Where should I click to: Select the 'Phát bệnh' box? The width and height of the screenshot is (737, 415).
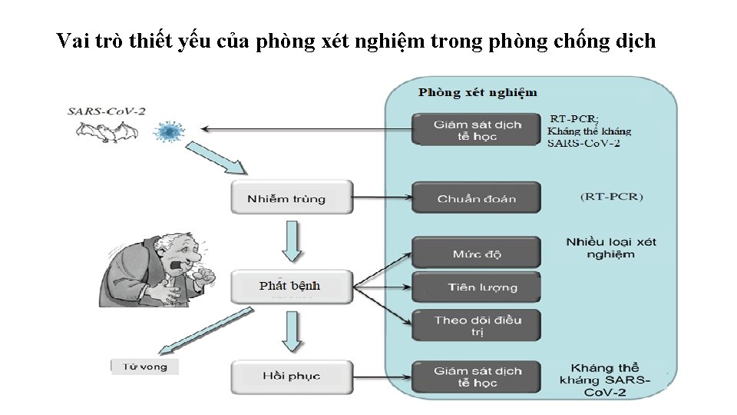pos(291,286)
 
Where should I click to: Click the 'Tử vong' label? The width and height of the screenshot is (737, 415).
pos(145,367)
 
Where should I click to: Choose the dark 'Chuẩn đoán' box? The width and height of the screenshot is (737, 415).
pos(476,198)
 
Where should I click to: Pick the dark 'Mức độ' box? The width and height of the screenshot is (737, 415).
pos(476,253)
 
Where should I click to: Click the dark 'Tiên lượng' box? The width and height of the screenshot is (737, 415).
pos(476,287)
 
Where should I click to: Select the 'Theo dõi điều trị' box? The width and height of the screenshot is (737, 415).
pos(476,325)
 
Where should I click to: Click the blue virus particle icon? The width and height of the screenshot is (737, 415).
pos(167,131)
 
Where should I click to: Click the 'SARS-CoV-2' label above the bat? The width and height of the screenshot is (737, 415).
pos(106,111)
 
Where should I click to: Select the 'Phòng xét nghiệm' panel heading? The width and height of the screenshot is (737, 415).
pos(478,93)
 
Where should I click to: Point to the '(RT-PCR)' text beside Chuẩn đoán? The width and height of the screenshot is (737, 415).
pos(611,197)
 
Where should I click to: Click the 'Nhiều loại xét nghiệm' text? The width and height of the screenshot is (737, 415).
pos(611,247)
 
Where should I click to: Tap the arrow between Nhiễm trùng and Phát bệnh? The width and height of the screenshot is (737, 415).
pos(291,240)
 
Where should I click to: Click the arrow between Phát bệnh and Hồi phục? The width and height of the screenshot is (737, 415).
pos(291,330)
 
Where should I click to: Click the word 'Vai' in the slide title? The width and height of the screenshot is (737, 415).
pos(74,41)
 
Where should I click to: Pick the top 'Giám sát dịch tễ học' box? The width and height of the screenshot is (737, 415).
pos(476,130)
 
